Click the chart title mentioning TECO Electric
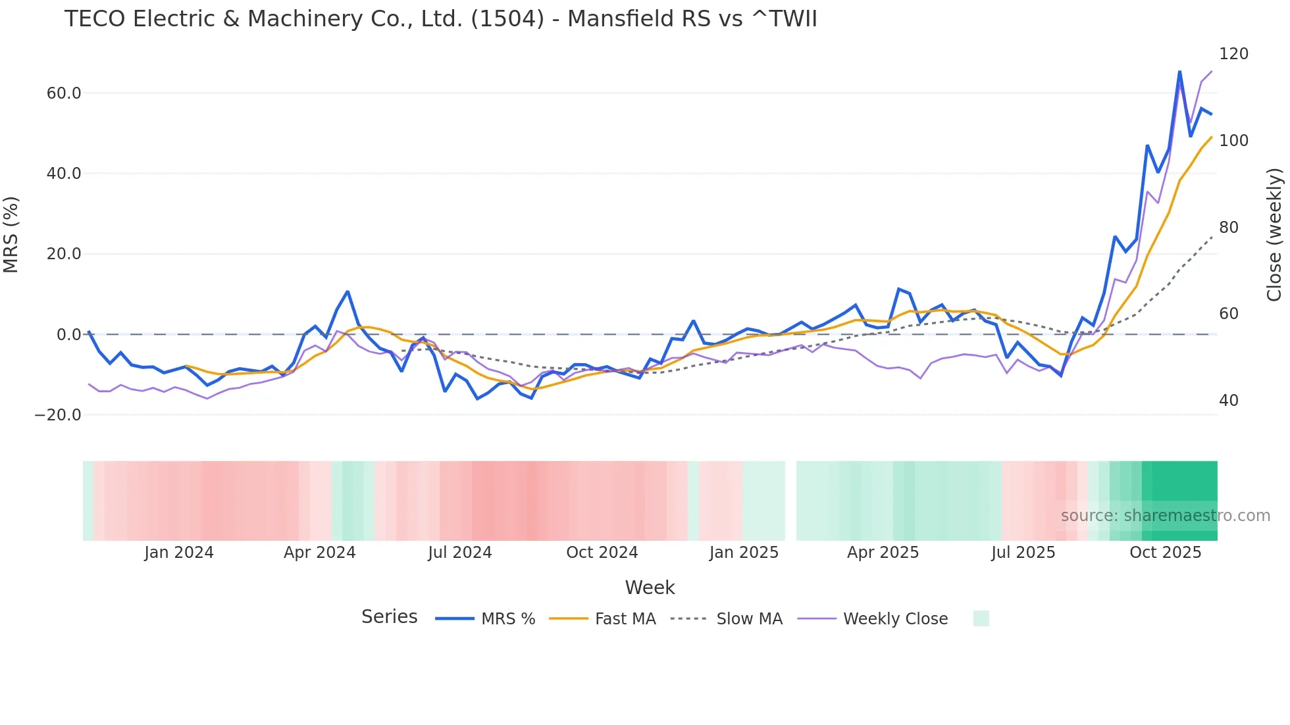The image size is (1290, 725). pyautogui.click(x=440, y=19)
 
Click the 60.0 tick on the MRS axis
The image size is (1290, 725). pyautogui.click(x=64, y=93)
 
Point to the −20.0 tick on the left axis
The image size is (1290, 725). pyautogui.click(x=58, y=415)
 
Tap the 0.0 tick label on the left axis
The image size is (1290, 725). pyautogui.click(x=68, y=335)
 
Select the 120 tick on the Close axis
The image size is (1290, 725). pyautogui.click(x=1233, y=54)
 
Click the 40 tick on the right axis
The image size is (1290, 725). pyautogui.click(x=1228, y=401)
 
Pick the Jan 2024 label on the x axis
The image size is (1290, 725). pyautogui.click(x=179, y=553)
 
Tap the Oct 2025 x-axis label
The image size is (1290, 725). pyautogui.click(x=1165, y=553)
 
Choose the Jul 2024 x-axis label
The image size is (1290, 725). pyautogui.click(x=459, y=553)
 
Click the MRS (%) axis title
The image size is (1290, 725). pyautogui.click(x=11, y=235)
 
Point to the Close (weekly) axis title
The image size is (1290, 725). pyautogui.click(x=1274, y=235)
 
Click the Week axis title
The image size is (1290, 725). pyautogui.click(x=650, y=587)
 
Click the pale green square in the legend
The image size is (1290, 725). pyautogui.click(x=981, y=618)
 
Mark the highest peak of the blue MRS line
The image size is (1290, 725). pyautogui.click(x=1179, y=71)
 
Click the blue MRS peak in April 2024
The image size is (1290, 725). pyautogui.click(x=348, y=291)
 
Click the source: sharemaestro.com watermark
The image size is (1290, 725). pyautogui.click(x=1165, y=516)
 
